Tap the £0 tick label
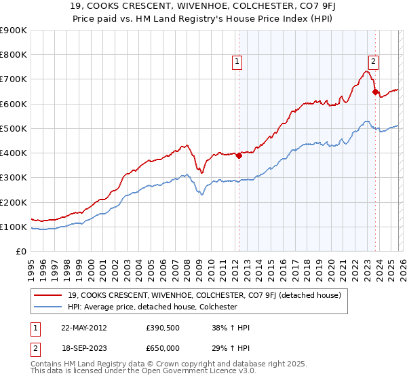(20, 251)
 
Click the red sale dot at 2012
(239, 155)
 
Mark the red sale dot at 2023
(375, 92)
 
